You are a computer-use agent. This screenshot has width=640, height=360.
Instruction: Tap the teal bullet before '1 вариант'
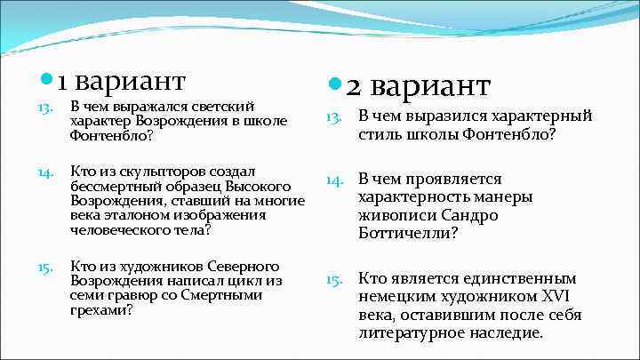(x=46, y=82)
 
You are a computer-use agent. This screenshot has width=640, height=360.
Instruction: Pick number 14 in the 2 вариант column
(x=333, y=180)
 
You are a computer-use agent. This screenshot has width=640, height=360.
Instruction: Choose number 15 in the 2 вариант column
(x=333, y=279)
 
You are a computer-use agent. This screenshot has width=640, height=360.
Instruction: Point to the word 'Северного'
(x=247, y=267)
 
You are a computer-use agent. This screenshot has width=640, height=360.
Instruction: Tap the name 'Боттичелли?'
(x=408, y=234)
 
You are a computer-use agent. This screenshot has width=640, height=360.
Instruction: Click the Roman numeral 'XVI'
(x=561, y=297)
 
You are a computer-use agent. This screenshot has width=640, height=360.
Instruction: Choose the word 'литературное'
(x=412, y=334)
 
